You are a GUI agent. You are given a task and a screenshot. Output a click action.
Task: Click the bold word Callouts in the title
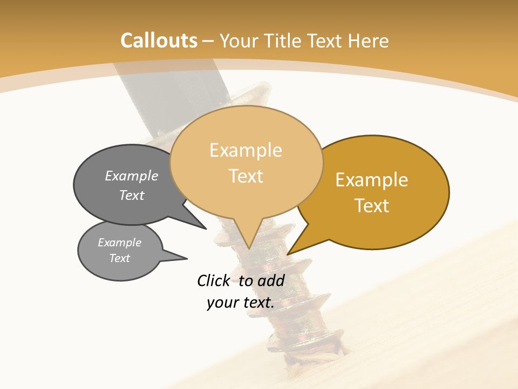[x=159, y=41]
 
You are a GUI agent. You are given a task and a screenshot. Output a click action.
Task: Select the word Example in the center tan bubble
[x=246, y=150]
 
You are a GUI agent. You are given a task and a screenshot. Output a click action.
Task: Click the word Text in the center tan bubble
[x=246, y=176]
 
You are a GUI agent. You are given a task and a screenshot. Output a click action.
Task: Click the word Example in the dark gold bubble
[x=372, y=180]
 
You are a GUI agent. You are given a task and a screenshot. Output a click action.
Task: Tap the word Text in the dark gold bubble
[x=372, y=206]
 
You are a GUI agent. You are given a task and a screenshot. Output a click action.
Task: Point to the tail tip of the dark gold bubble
[x=288, y=254]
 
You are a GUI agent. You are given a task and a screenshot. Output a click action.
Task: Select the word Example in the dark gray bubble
[x=132, y=176]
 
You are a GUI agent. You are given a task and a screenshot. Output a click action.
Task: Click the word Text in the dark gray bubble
[x=132, y=195]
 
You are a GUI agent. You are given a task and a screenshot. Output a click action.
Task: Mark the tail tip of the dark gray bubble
[x=206, y=229]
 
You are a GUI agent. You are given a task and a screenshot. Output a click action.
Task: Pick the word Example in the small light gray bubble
[x=119, y=243]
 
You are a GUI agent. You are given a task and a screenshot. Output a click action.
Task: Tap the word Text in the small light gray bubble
[x=119, y=258]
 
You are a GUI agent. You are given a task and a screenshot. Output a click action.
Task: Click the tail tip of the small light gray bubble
[x=187, y=258]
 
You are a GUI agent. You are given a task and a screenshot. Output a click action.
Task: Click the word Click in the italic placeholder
[x=213, y=280]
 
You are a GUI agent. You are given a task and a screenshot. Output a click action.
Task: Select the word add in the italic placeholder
[x=271, y=280]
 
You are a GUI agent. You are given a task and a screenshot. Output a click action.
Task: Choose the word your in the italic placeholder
[x=222, y=303]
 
